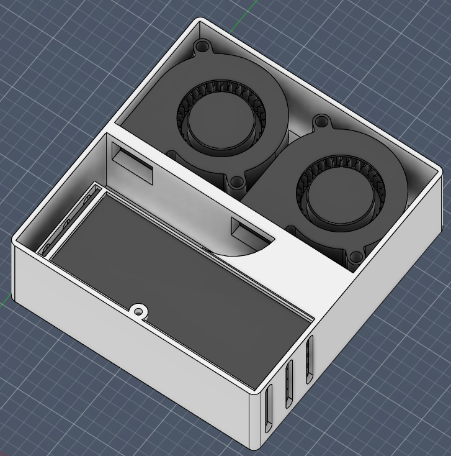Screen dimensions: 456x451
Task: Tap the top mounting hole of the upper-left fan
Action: pos(202,47)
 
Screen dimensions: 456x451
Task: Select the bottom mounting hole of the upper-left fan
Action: pos(236,183)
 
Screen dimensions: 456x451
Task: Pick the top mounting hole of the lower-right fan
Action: pos(321,121)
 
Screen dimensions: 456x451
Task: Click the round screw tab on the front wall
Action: pos(140,310)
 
